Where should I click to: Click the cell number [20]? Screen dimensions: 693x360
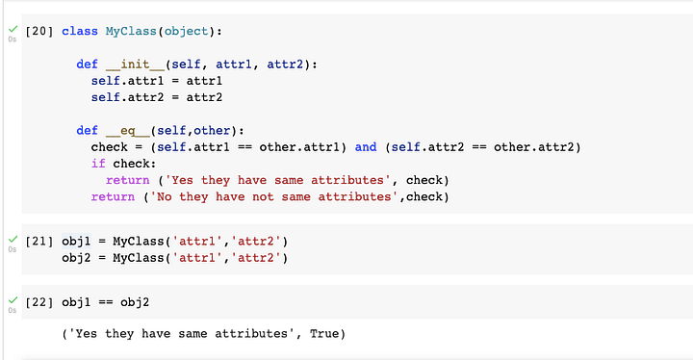39,31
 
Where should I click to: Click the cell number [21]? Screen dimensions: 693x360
39,240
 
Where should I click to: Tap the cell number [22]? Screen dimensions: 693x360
39,303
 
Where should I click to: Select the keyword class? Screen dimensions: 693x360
79,31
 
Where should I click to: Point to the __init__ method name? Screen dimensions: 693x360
133,64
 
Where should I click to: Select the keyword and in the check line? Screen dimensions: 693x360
366,147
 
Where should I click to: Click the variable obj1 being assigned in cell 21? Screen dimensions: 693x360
76,240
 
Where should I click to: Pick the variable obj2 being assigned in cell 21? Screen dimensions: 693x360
76,257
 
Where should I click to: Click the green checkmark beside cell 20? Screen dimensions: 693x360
11,28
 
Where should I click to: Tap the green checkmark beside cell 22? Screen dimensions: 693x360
11,300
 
